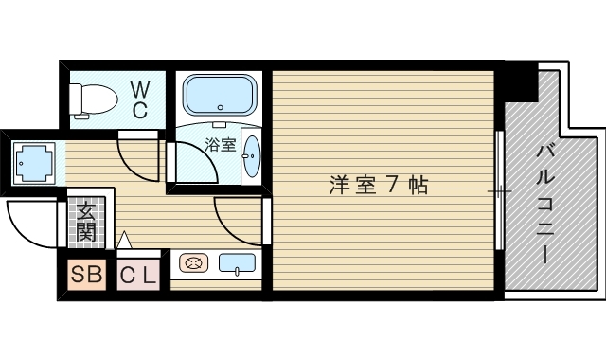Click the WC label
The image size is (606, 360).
pos(139,99)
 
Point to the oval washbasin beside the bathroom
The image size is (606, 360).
pos(252,156)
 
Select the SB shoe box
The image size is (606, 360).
pos(88,276)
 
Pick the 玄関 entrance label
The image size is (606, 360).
pos(88,220)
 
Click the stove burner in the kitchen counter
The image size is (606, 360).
pos(192,264)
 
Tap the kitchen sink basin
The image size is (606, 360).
pos(237,264)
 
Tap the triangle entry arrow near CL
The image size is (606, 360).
pos(123,241)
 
